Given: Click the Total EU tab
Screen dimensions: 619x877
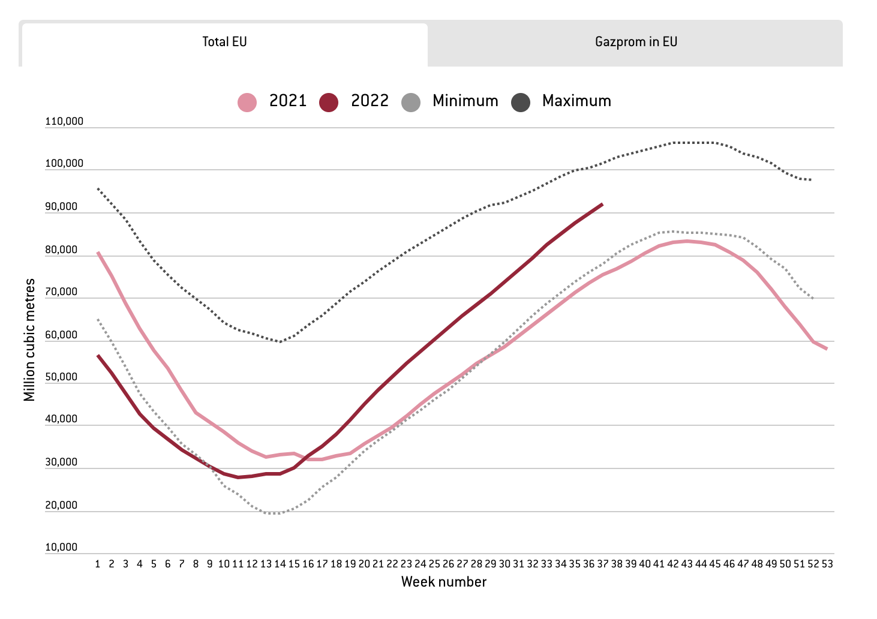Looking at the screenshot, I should tap(224, 42).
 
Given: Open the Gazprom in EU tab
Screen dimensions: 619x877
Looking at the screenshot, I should tap(636, 42).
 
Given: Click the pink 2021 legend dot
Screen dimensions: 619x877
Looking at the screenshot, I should tap(247, 102).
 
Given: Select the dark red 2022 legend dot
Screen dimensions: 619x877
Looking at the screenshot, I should tap(329, 102).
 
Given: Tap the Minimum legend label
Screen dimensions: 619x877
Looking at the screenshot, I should tap(465, 101).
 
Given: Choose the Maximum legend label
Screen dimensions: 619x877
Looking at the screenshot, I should tap(576, 101).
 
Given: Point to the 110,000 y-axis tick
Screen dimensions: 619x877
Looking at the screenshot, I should tap(64, 122).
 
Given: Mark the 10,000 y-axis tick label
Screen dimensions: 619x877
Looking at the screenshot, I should tap(61, 548).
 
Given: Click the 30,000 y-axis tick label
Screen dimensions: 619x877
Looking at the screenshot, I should tap(61, 462).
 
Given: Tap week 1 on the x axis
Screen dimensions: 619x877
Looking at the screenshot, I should tap(98, 564).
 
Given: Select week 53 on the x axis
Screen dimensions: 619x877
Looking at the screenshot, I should tap(827, 564).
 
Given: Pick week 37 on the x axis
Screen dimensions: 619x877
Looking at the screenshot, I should tap(602, 564).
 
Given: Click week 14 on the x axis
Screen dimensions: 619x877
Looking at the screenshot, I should tap(280, 564).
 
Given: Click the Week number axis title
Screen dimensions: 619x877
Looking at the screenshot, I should tap(444, 582).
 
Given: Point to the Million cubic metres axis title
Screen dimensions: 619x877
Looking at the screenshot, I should tap(30, 340).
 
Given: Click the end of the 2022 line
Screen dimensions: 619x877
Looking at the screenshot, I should tap(602, 204).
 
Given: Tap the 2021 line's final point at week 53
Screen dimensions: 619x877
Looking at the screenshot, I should tap(827, 348).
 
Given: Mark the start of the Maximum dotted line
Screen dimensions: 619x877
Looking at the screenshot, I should tap(98, 189).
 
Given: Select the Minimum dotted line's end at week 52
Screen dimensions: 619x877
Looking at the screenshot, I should tap(813, 298).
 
